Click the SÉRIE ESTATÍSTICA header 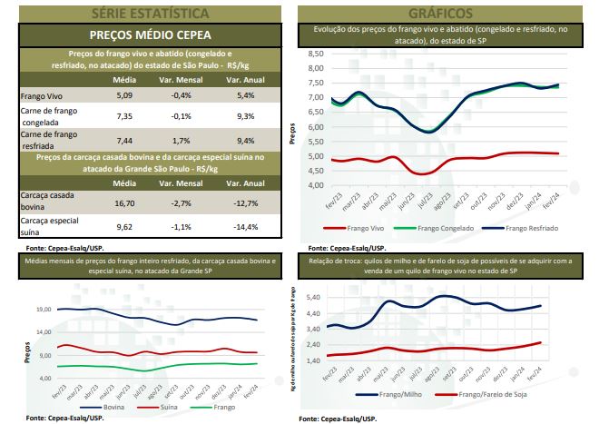150,13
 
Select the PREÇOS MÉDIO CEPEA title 150,36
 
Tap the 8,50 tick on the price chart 316,55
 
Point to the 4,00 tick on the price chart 316,185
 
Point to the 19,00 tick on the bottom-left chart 43,310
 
